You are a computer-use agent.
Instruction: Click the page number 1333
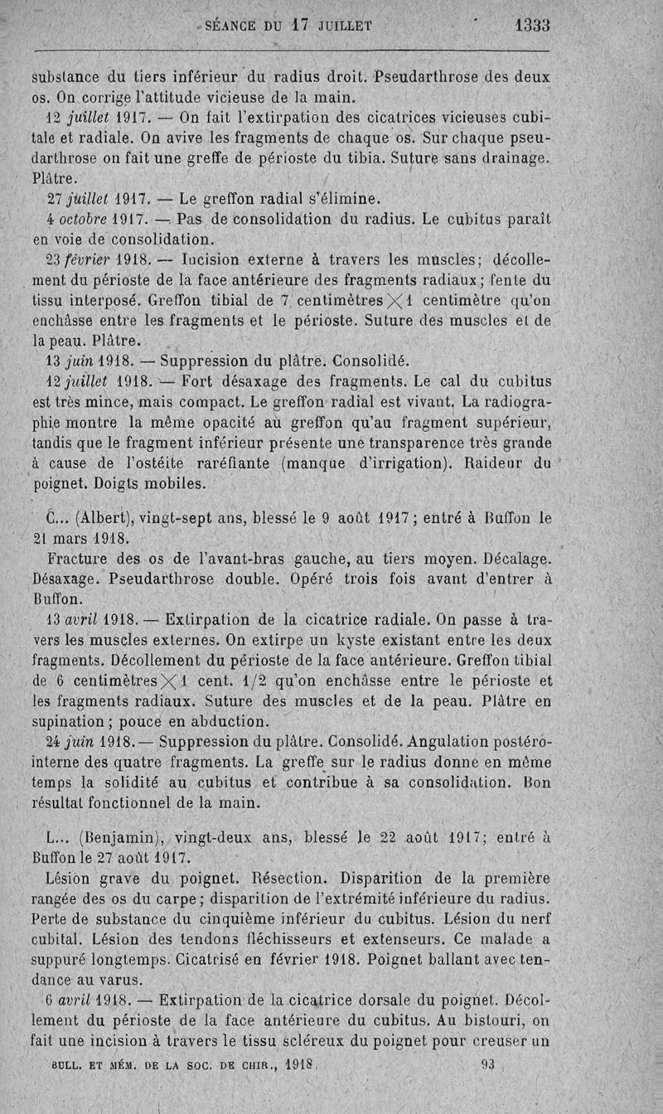(532, 26)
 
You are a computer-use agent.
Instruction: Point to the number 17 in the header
(299, 26)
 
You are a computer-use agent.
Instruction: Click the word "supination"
(68, 719)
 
